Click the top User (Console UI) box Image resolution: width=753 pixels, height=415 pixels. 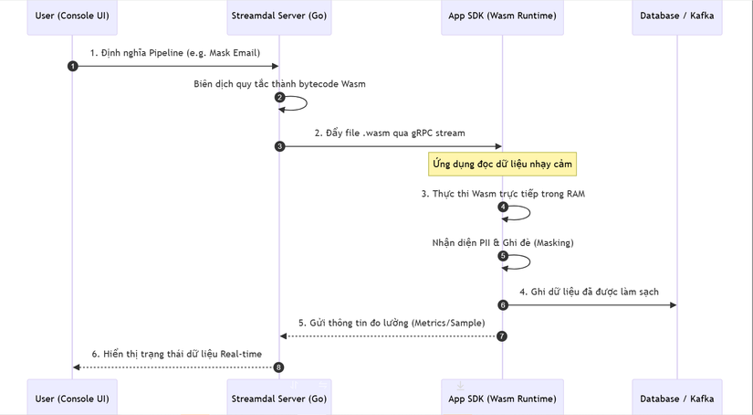[72, 16]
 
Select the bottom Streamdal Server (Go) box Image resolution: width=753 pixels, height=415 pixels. [279, 398]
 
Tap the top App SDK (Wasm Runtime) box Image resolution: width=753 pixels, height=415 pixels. [502, 16]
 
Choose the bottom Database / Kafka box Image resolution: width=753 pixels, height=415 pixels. [677, 398]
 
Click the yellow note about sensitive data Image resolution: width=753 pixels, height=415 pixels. [502, 164]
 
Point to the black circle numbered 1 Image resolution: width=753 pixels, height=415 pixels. [72, 66]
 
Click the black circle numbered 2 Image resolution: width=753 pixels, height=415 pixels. [279, 98]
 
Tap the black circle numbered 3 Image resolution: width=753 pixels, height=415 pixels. [279, 146]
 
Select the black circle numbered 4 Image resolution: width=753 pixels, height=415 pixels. [503, 207]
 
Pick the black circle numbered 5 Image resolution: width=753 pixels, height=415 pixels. [503, 256]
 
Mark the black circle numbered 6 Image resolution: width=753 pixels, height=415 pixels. [503, 304]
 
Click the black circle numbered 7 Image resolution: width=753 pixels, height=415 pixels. [502, 336]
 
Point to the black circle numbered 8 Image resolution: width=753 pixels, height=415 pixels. [279, 367]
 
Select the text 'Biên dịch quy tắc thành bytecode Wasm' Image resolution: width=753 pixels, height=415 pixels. [279, 84]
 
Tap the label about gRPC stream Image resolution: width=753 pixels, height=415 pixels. [390, 133]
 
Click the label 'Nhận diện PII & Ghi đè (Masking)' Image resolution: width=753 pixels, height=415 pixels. [502, 242]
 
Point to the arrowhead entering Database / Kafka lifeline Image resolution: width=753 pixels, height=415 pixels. [673, 304]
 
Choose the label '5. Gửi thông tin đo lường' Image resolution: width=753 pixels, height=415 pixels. [390, 323]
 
